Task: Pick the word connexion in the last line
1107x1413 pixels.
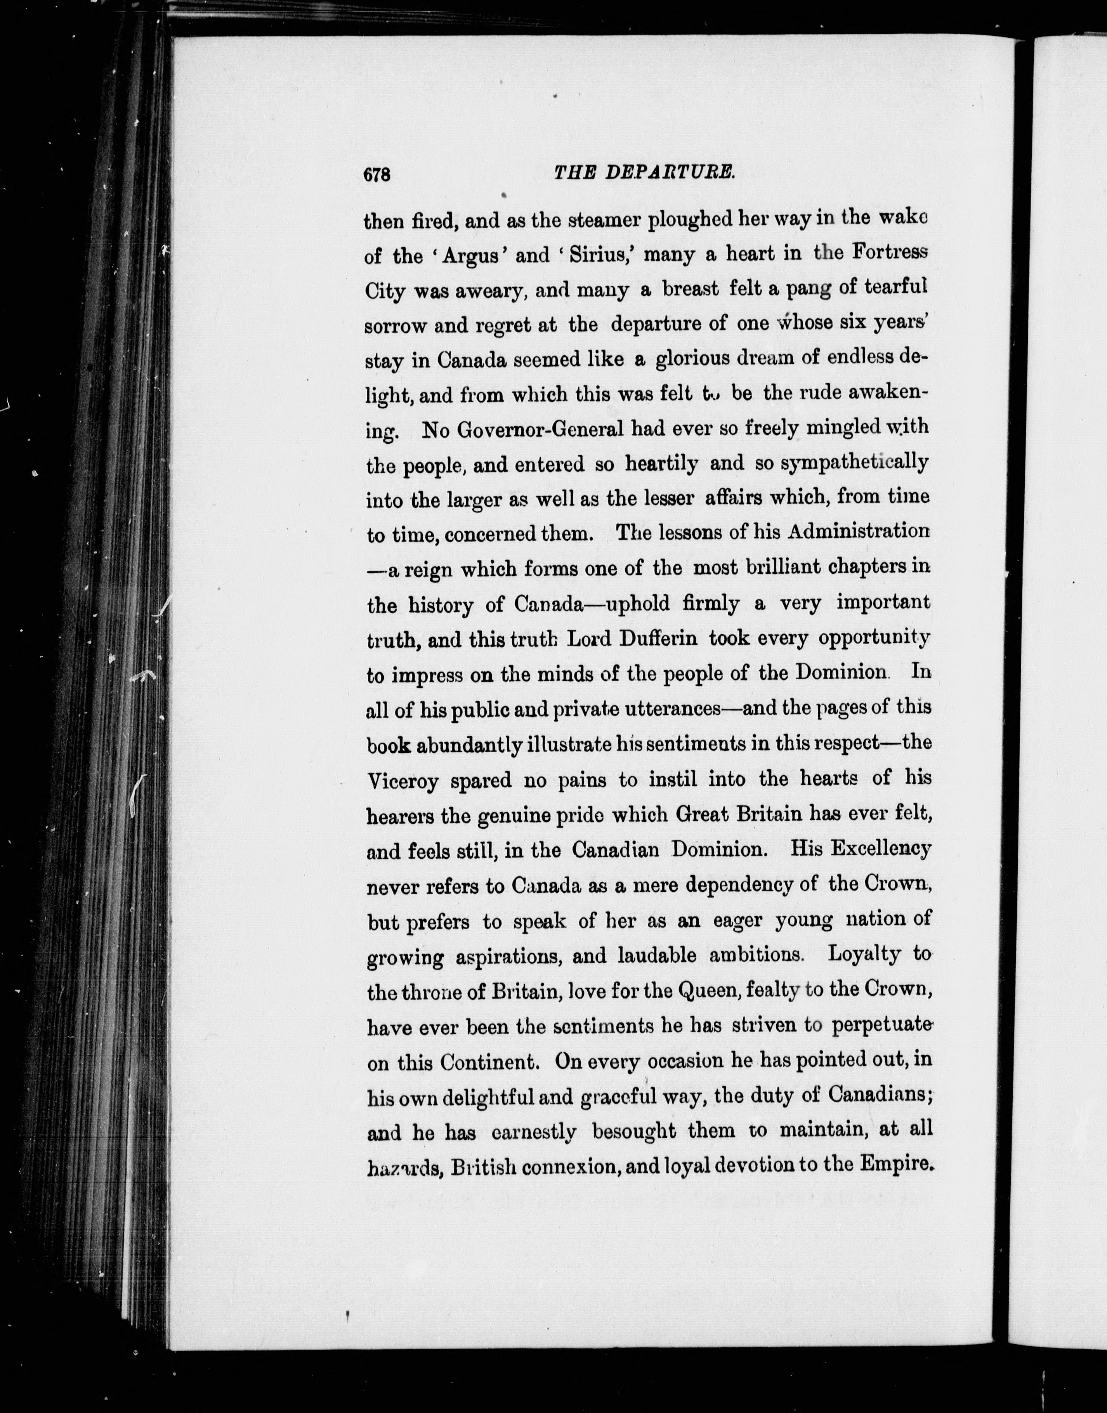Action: click(570, 1167)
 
